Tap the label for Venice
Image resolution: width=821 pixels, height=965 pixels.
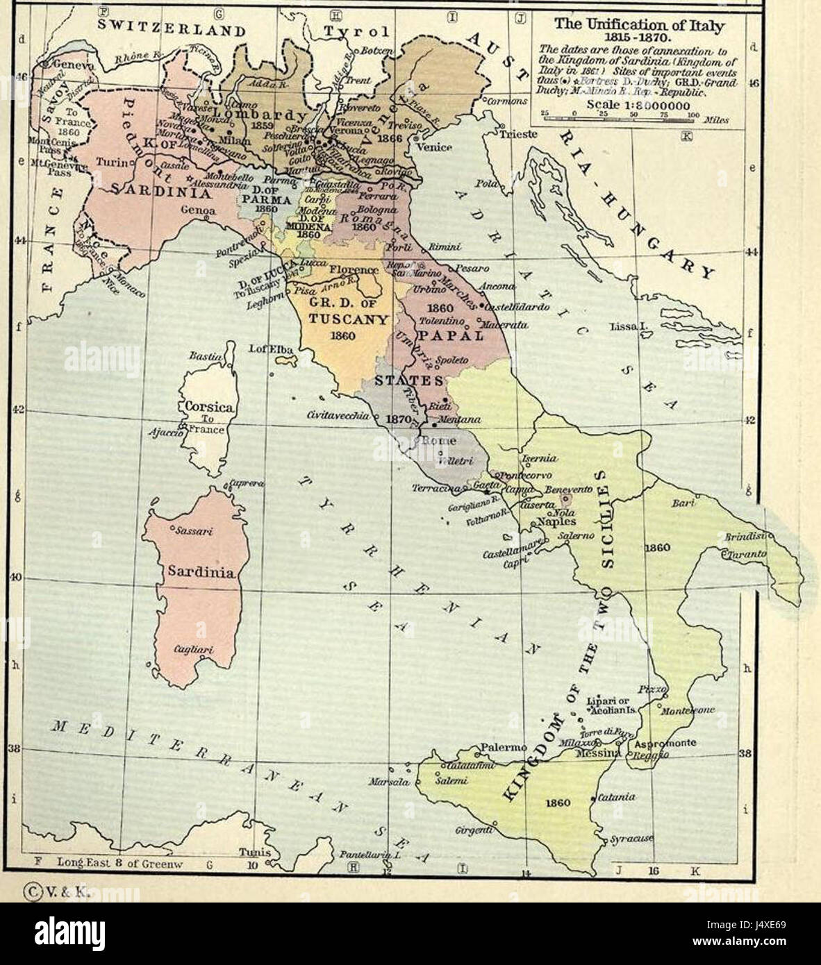coord(435,147)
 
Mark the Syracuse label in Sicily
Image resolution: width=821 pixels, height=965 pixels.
coord(632,839)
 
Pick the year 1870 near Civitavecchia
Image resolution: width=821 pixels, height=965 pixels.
coord(399,419)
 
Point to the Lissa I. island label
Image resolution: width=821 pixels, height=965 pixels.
coord(628,326)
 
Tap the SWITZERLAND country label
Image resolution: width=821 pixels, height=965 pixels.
coord(171,29)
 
